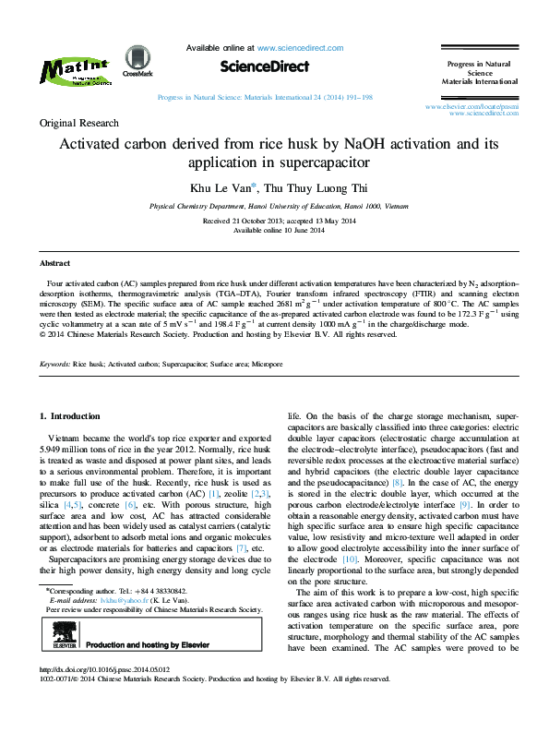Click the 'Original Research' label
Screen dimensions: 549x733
tap(78, 123)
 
